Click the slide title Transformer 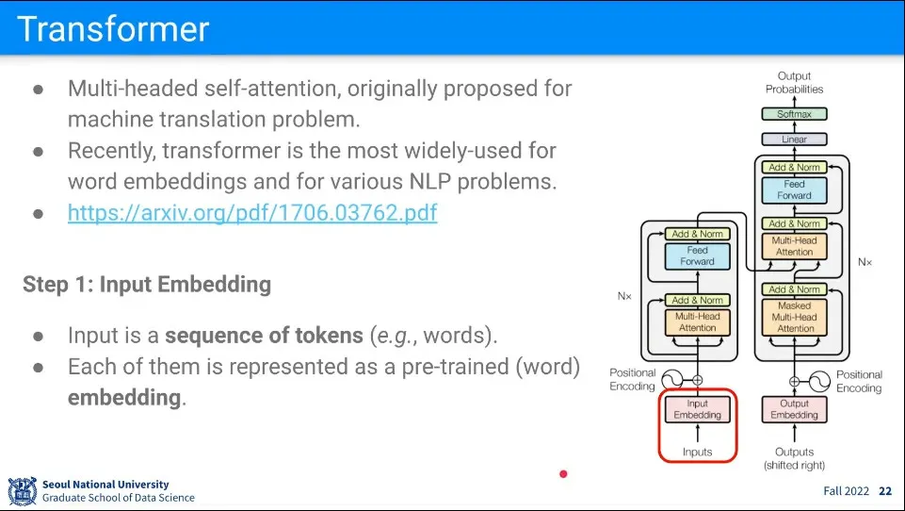coord(113,28)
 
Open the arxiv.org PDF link coord(252,213)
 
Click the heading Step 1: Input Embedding coord(147,284)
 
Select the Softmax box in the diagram coord(794,114)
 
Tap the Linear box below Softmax coord(794,140)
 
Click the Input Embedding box coord(697,409)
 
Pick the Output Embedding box coord(794,409)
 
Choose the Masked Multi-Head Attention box coord(794,318)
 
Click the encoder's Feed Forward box coord(697,255)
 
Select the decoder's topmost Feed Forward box coord(794,190)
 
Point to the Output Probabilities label coord(794,83)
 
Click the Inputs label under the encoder coord(697,453)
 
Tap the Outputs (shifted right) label coord(794,458)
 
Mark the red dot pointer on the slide coord(563,473)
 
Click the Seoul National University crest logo coord(22,491)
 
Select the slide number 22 coord(884,491)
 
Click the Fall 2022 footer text coord(845,491)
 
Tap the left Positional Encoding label coord(632,380)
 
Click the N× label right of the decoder coord(865,262)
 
